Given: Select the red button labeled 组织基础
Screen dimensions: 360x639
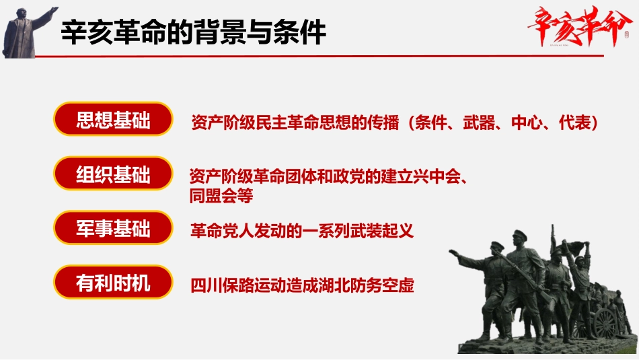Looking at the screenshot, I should [x=113, y=175].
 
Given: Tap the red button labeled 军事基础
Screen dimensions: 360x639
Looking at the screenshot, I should [x=113, y=229].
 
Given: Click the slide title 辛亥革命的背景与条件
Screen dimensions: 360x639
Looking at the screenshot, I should [x=194, y=32].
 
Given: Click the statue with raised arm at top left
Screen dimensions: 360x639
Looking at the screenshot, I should [x=24, y=30].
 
